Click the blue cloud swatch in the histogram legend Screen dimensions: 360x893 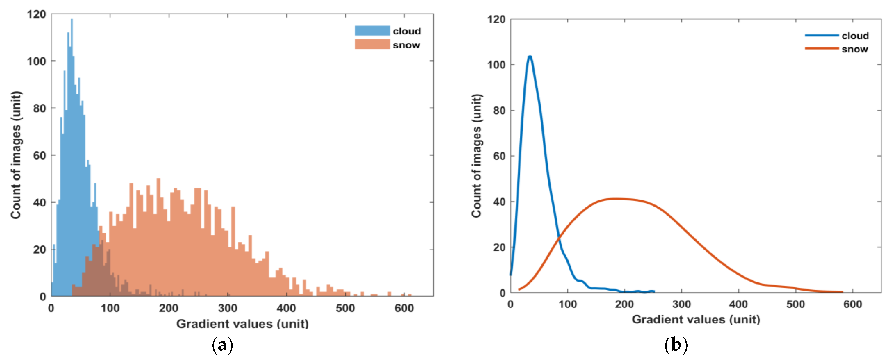click(x=372, y=31)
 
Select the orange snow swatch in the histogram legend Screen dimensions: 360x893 click(x=372, y=45)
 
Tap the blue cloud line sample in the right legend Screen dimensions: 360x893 click(x=821, y=35)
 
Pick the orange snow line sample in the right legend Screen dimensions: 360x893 click(x=821, y=49)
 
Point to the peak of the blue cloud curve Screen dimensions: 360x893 click(x=530, y=56)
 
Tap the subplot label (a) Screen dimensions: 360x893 click(x=222, y=345)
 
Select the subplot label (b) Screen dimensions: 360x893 click(x=676, y=345)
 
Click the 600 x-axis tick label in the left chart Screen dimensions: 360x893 click(x=404, y=308)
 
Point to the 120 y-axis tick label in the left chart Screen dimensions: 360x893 click(x=36, y=14)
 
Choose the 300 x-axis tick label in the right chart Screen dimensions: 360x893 click(x=681, y=304)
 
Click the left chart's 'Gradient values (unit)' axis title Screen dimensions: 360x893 click(x=242, y=324)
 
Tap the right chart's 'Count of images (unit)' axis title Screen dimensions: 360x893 click(x=477, y=156)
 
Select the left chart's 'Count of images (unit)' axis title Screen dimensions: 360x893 click(x=16, y=155)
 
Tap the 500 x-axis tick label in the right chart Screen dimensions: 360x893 click(x=795, y=304)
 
